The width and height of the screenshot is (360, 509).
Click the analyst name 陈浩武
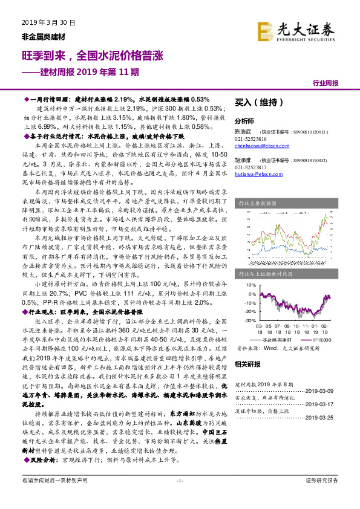tap(243, 131)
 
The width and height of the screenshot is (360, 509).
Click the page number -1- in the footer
tap(179, 497)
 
